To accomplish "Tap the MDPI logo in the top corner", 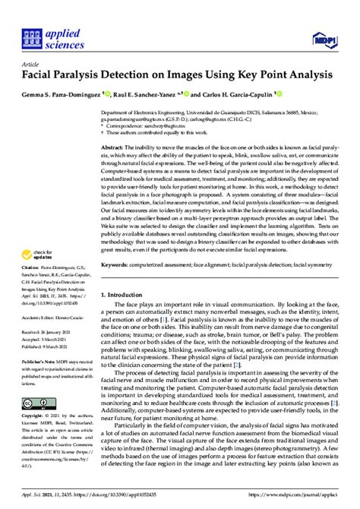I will click(x=325, y=38).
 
